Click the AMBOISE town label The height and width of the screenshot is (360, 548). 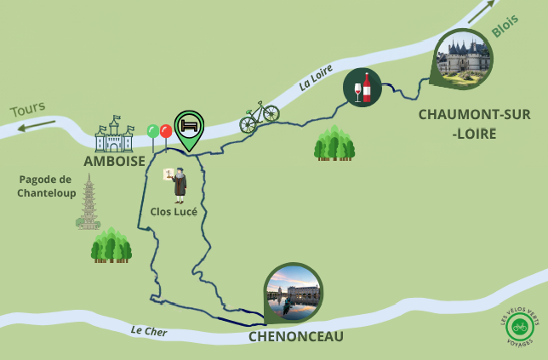pyautogui.click(x=115, y=161)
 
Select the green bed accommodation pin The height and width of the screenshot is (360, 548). pyautogui.click(x=189, y=128)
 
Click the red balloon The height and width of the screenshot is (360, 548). pyautogui.click(x=166, y=131)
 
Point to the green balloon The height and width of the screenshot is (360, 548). pyautogui.click(x=153, y=131)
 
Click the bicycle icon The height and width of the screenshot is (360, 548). pyautogui.click(x=259, y=117)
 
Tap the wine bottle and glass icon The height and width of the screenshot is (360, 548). pyautogui.click(x=362, y=87)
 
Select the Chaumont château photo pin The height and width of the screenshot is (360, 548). pyautogui.click(x=463, y=58)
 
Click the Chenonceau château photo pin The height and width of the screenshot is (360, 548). pyautogui.click(x=294, y=292)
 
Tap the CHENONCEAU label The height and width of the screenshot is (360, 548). pyautogui.click(x=296, y=337)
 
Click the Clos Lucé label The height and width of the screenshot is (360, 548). pyautogui.click(x=174, y=211)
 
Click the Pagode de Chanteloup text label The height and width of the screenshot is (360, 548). pyautogui.click(x=47, y=186)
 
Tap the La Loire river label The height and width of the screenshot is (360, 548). pyautogui.click(x=316, y=77)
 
